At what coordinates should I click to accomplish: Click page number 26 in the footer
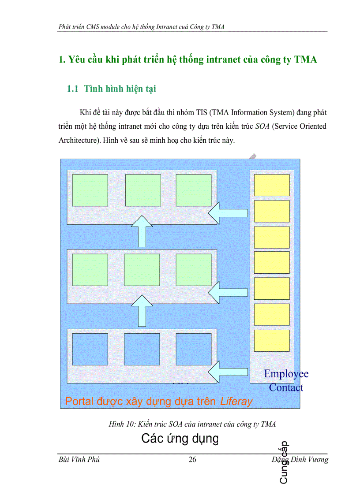[192, 460]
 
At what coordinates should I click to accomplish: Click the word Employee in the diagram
[286, 374]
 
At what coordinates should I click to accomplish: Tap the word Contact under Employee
[286, 388]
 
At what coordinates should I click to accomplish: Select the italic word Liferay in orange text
[236, 402]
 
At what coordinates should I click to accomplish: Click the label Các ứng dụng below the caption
[180, 439]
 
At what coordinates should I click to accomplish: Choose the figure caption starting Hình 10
[192, 424]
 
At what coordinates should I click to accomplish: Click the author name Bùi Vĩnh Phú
[79, 460]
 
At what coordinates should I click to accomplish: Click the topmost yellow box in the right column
[272, 185]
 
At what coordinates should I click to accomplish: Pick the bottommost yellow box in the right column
[272, 341]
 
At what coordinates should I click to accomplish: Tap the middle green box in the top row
[143, 190]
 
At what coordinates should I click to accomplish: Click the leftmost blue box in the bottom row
[90, 349]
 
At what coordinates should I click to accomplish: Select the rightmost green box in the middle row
[194, 270]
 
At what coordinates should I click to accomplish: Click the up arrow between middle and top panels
[142, 231]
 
